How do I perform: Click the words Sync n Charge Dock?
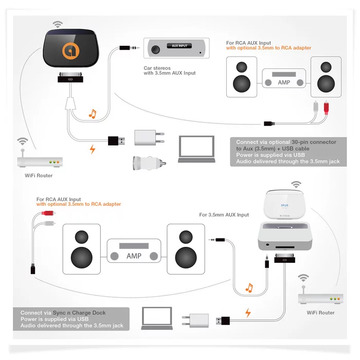(79, 313)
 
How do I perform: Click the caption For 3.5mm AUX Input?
(224, 215)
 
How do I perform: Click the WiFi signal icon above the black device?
(58, 24)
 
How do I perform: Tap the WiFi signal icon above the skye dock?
(296, 183)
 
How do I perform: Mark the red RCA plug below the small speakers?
(323, 110)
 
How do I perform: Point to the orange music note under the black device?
(93, 114)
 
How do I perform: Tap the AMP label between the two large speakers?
(133, 256)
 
